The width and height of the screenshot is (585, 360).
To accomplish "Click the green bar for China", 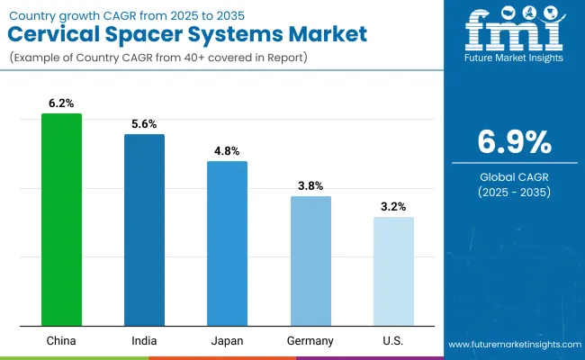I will click(x=61, y=220).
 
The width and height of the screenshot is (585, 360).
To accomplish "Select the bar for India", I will click(x=144, y=229).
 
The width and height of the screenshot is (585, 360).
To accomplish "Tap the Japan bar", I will click(x=227, y=243).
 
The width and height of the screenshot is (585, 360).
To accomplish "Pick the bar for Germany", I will click(x=310, y=261).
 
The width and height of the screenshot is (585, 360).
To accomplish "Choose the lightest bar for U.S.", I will click(x=393, y=271).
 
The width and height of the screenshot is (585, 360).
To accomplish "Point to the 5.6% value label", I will click(x=144, y=125).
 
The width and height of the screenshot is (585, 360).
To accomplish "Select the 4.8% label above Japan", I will click(x=227, y=151).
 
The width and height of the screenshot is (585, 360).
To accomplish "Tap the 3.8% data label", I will click(x=310, y=186).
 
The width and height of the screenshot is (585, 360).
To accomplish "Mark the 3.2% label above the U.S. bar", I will click(x=393, y=207).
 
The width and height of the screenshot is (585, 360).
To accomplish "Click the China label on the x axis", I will click(x=61, y=341).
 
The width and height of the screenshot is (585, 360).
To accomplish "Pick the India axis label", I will click(x=144, y=341).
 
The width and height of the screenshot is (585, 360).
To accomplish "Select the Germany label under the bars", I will click(x=310, y=341).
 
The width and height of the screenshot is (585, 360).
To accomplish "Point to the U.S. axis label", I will click(x=393, y=341).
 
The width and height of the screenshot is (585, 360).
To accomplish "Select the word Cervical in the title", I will click(x=55, y=35).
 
